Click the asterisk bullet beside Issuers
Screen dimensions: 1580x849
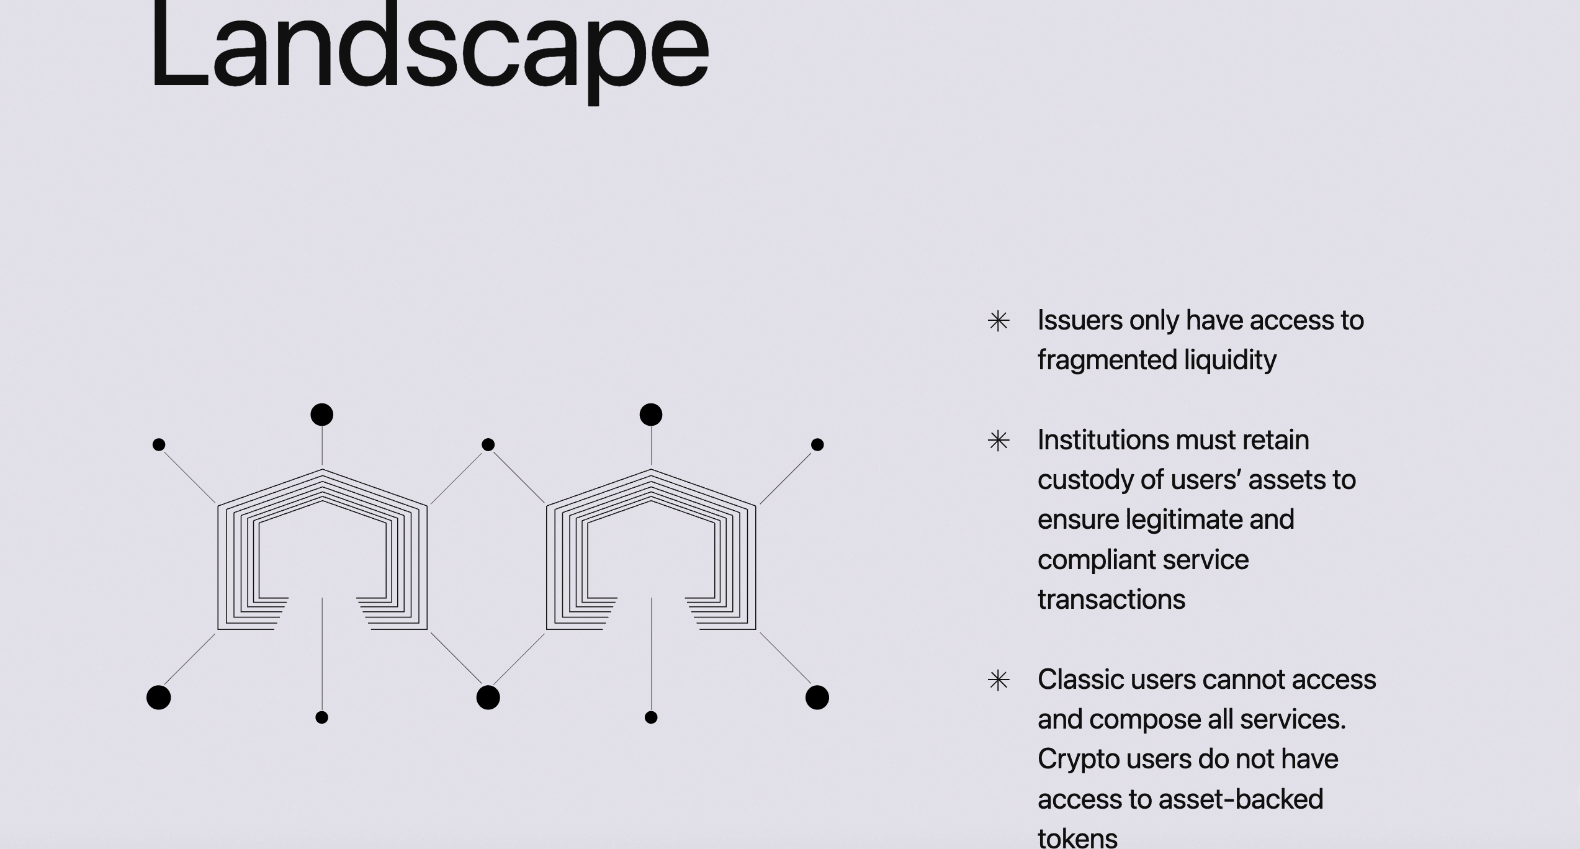999,321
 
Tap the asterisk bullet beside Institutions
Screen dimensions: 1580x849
999,441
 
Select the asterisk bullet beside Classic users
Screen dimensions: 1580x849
999,680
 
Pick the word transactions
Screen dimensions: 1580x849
1111,600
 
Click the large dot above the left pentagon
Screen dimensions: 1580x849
321,415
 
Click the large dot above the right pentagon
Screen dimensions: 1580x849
651,415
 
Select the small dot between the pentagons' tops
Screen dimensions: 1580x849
488,444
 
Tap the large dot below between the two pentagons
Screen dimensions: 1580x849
488,698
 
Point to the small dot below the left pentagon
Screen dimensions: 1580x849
321,717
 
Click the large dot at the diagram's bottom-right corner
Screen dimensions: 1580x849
817,698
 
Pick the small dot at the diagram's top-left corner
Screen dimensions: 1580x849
159,444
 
